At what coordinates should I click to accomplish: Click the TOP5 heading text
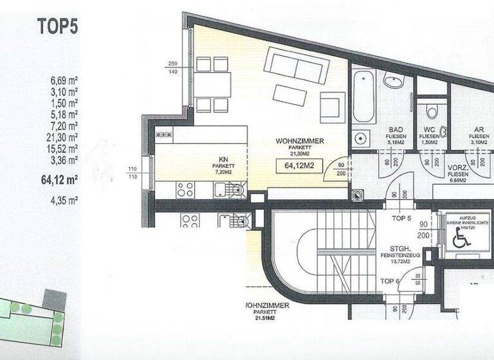point(57,26)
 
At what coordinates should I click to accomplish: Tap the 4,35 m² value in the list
point(64,200)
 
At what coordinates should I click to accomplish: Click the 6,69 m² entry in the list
point(64,81)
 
